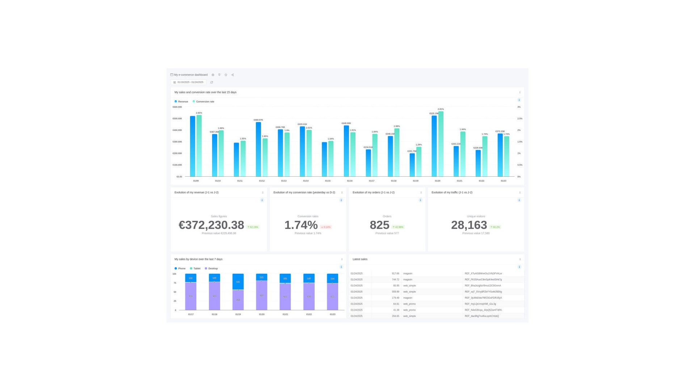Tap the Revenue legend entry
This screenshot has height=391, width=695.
(x=181, y=102)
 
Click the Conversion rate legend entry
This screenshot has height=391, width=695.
(x=203, y=102)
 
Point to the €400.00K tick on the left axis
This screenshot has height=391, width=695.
(x=177, y=130)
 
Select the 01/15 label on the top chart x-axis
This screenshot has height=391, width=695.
(x=328, y=181)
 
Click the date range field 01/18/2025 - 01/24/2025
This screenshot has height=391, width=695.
(x=189, y=82)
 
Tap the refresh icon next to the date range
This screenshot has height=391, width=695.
(x=212, y=82)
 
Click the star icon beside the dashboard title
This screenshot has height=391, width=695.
(x=226, y=75)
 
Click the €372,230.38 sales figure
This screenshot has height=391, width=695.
(x=211, y=225)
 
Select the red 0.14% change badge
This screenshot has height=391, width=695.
(x=326, y=227)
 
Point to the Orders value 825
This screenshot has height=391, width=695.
(x=379, y=225)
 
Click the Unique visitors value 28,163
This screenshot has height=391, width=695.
(x=469, y=225)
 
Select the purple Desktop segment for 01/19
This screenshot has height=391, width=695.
(x=238, y=300)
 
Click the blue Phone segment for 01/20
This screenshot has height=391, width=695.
(x=261, y=277)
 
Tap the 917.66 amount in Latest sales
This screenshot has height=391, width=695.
(x=395, y=274)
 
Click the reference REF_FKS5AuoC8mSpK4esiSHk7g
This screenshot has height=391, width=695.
(x=483, y=279)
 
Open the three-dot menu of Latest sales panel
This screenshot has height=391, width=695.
(x=520, y=259)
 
